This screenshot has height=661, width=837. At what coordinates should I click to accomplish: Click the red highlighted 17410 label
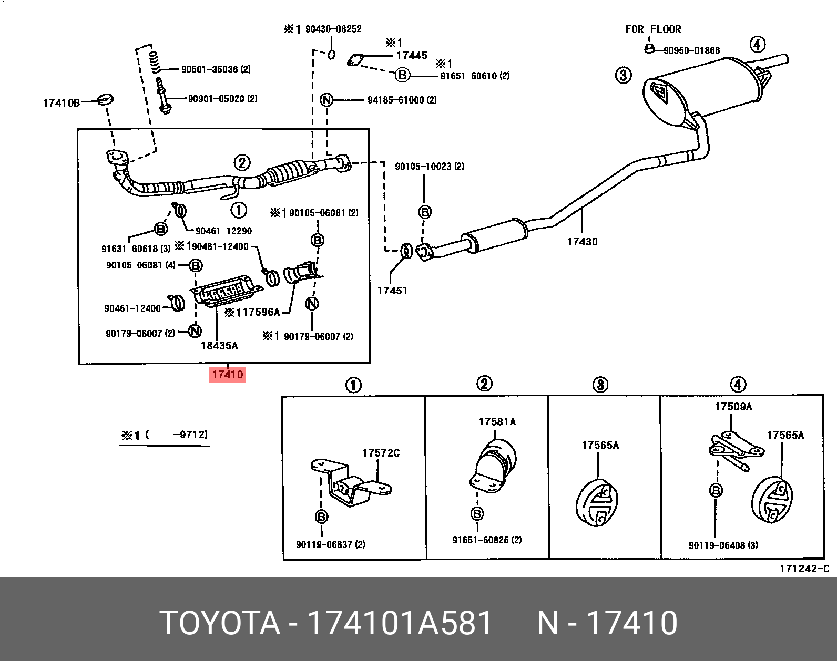click(x=227, y=375)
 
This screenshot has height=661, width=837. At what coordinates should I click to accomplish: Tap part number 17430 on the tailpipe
click(x=582, y=242)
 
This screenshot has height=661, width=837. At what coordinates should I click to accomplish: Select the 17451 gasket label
click(x=392, y=291)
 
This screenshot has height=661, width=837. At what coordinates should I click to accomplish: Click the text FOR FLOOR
click(x=653, y=29)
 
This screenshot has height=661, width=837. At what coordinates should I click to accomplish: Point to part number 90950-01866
click(x=691, y=50)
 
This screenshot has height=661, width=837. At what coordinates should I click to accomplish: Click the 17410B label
click(x=61, y=103)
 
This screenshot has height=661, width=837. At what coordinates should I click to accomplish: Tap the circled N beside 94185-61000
click(x=326, y=100)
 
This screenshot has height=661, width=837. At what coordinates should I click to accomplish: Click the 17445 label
click(x=412, y=55)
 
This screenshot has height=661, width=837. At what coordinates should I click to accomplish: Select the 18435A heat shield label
click(x=219, y=346)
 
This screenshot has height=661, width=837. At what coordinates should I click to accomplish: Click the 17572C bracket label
click(x=381, y=453)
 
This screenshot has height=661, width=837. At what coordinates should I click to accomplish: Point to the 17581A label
click(x=497, y=421)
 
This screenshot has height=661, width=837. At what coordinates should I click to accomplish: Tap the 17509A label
click(x=733, y=407)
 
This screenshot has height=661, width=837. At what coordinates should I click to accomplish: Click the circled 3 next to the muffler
click(x=623, y=75)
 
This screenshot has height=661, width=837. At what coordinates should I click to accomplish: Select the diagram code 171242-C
click(x=804, y=569)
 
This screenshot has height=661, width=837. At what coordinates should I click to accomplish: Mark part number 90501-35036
click(x=209, y=69)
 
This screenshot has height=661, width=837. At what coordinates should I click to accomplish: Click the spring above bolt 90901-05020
click(x=154, y=62)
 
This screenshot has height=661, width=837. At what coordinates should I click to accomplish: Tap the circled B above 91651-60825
click(x=477, y=513)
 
